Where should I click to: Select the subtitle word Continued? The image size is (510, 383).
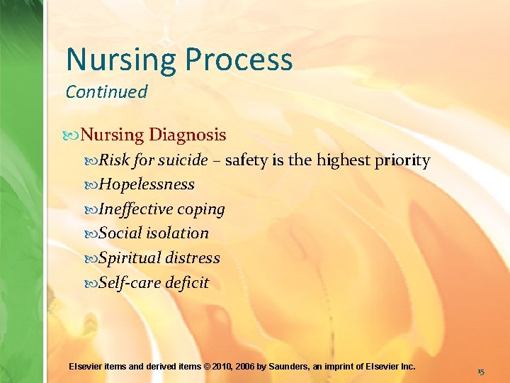pos(106,91)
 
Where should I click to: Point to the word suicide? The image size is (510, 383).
pos(183,160)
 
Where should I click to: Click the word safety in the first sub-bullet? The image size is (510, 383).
pos(245,160)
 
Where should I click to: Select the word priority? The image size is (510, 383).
pos(402,160)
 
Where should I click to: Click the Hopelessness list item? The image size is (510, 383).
pos(147,184)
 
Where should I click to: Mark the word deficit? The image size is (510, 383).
pos(187,283)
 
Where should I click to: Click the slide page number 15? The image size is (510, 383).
pos(481,371)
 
